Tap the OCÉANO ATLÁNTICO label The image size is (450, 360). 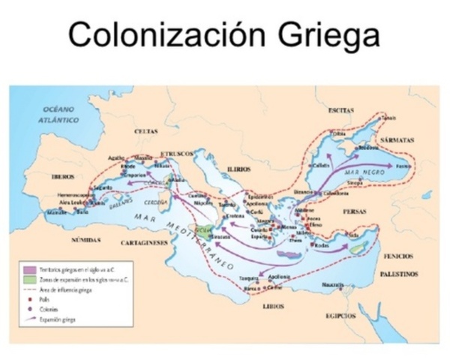point(59,114)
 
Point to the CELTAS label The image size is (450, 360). point(146,130)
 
